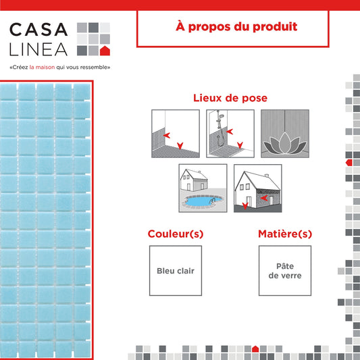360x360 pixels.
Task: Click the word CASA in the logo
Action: tap(38, 30)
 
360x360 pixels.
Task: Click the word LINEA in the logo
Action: tap(38, 49)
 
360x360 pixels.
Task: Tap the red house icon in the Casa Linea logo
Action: tap(105, 51)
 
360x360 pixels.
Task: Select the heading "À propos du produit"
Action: tap(236, 26)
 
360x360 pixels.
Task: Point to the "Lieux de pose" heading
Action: tap(230, 98)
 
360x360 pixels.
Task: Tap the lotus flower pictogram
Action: tap(285, 143)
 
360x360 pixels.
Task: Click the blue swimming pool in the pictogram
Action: tap(203, 201)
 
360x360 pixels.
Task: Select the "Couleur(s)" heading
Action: tap(176, 234)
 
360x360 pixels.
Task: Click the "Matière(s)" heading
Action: tap(285, 234)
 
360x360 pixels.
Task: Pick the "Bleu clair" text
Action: tap(176, 271)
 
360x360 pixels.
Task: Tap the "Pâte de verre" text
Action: tap(285, 271)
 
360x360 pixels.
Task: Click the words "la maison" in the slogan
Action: tap(43, 68)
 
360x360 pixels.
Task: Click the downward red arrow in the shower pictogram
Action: tap(240, 145)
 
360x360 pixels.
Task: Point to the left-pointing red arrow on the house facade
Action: tap(264, 198)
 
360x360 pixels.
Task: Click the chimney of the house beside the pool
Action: tap(199, 172)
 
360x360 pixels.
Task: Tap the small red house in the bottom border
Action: tap(255, 349)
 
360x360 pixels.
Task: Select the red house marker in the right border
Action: tap(349, 163)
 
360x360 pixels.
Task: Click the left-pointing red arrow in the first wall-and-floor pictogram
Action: tap(166, 135)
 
